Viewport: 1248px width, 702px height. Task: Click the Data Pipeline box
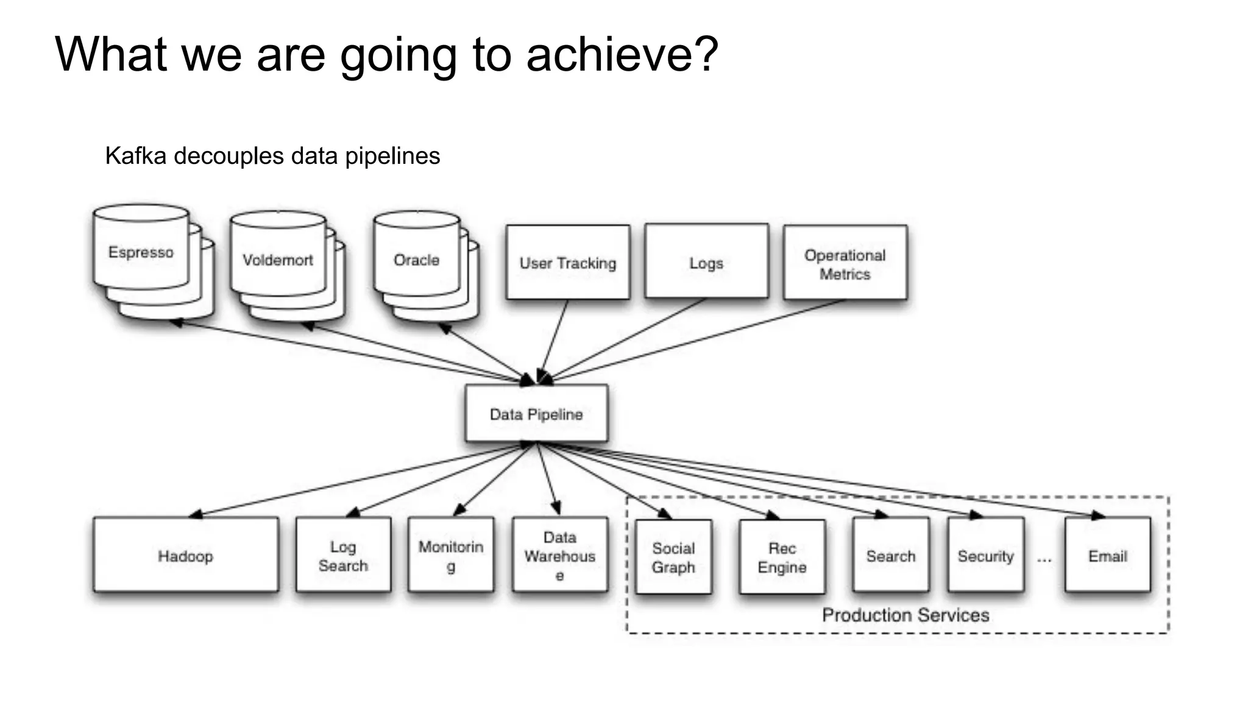tap(536, 414)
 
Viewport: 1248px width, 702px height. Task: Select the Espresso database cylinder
tap(141, 252)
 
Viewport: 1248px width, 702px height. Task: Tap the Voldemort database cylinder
tap(278, 260)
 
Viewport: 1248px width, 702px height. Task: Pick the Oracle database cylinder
tap(416, 260)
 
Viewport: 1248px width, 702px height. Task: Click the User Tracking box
tap(568, 263)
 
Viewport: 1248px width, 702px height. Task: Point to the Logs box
tap(706, 262)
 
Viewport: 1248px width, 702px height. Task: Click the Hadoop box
tap(186, 555)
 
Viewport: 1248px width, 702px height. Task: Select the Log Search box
tap(343, 555)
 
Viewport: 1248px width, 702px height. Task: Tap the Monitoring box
tap(451, 555)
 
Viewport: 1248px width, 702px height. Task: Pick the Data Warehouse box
tap(559, 555)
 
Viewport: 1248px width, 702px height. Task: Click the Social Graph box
tap(673, 557)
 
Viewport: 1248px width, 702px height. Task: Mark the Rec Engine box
tap(782, 557)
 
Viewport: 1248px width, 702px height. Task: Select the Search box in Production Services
tap(891, 555)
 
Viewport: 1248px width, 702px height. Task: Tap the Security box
tap(985, 555)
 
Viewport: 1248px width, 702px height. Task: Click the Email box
tap(1108, 555)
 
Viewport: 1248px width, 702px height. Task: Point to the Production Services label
tap(906, 615)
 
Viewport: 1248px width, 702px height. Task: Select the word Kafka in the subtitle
tap(135, 156)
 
